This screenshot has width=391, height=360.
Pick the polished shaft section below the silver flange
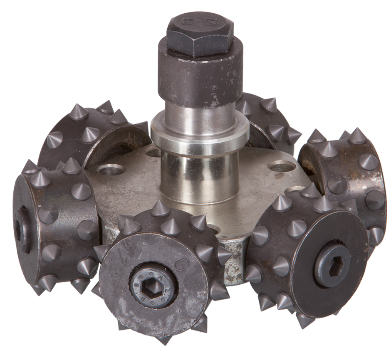(x=195, y=175)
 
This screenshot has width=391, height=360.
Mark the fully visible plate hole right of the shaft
(x=282, y=167)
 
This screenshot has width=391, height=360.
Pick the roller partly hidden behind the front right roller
(x=345, y=175)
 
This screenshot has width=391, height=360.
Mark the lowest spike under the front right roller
(x=304, y=321)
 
